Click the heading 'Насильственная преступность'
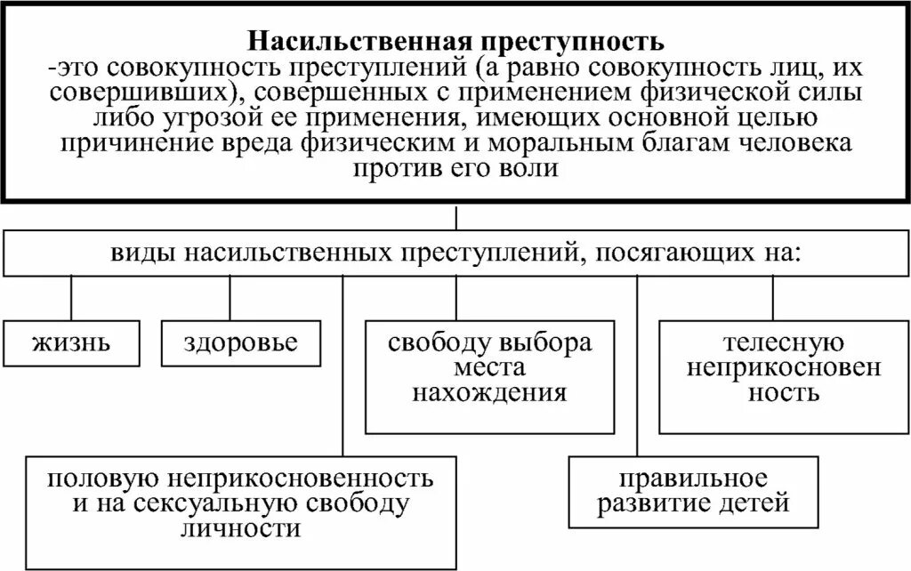455,42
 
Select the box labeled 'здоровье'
240,343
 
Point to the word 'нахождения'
488,392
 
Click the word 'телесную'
771,344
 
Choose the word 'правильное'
693,480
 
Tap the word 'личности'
241,527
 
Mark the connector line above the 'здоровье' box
230,298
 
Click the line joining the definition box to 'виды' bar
456,218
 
